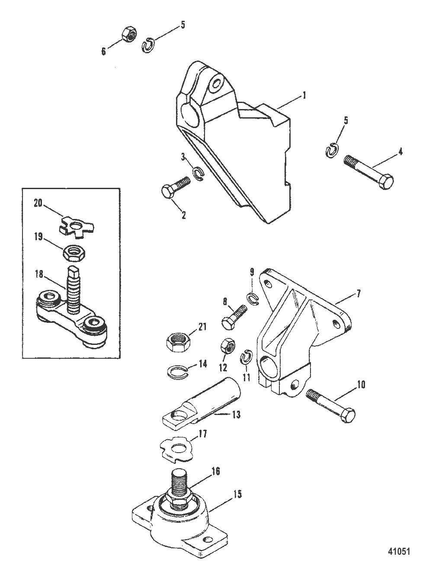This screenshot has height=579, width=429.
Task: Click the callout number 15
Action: (237, 493)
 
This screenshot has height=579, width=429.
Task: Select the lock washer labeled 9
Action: (252, 297)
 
